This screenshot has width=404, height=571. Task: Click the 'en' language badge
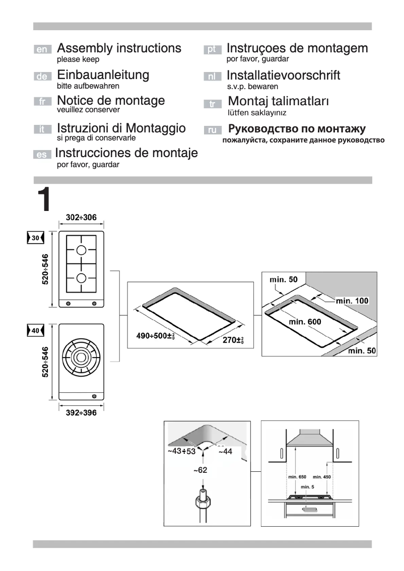click(43, 50)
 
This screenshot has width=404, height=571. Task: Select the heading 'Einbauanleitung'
click(103, 75)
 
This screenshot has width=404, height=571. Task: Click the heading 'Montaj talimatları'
click(278, 101)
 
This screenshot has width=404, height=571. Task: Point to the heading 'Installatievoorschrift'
click(283, 76)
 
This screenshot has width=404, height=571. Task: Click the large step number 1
click(44, 200)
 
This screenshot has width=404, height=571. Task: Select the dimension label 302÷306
click(81, 218)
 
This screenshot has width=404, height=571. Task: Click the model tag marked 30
click(35, 238)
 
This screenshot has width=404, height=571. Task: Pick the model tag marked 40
click(35, 331)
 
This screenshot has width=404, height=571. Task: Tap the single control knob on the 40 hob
click(94, 395)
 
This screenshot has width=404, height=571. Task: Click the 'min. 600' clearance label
click(304, 321)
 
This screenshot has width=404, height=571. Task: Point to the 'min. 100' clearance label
click(352, 301)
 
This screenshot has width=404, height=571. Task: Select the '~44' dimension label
click(225, 452)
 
